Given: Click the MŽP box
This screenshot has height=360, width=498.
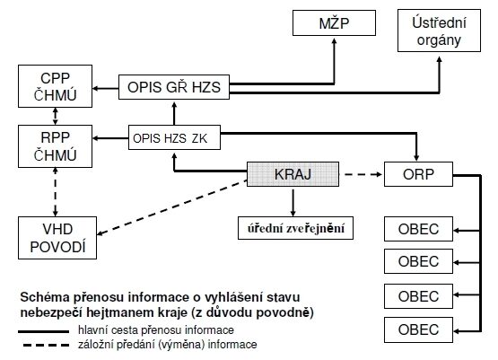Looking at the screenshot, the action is click(334, 22).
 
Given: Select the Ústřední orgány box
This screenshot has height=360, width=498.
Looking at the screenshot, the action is click(440, 31).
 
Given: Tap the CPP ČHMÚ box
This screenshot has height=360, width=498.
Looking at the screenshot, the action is click(56, 86).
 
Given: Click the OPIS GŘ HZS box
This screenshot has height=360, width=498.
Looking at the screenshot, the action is click(174, 87).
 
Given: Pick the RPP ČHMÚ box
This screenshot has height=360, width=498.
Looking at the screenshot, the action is click(56, 146).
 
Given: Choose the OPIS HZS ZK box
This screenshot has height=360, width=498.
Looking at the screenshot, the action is click(174, 137).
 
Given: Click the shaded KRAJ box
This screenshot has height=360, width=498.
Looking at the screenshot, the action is click(293, 174).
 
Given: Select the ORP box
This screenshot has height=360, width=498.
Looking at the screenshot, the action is click(419, 174).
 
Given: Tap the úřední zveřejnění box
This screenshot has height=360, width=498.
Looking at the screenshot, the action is click(296, 228).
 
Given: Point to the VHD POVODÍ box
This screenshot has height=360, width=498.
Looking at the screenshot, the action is click(57, 238).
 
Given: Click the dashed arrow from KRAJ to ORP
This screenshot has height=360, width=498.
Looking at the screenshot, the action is click(363, 174).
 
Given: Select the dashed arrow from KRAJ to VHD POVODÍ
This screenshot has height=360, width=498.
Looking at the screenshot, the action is click(172, 207).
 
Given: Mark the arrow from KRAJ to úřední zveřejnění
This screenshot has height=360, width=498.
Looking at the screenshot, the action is click(293, 203).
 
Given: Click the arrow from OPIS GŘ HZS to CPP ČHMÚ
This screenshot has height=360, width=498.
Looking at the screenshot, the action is click(106, 88).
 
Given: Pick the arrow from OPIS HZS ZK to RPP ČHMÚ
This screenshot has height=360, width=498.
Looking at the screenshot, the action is click(110, 138).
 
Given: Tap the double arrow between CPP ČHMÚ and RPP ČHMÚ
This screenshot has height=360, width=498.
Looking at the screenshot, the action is click(56, 116).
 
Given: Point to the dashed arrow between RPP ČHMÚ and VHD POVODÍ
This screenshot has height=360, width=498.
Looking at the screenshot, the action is click(56, 192).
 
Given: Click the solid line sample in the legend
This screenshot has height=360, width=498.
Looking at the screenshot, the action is click(43, 331).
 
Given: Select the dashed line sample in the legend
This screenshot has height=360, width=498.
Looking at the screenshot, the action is click(46, 345).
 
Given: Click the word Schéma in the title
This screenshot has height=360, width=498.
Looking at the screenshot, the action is click(45, 297).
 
